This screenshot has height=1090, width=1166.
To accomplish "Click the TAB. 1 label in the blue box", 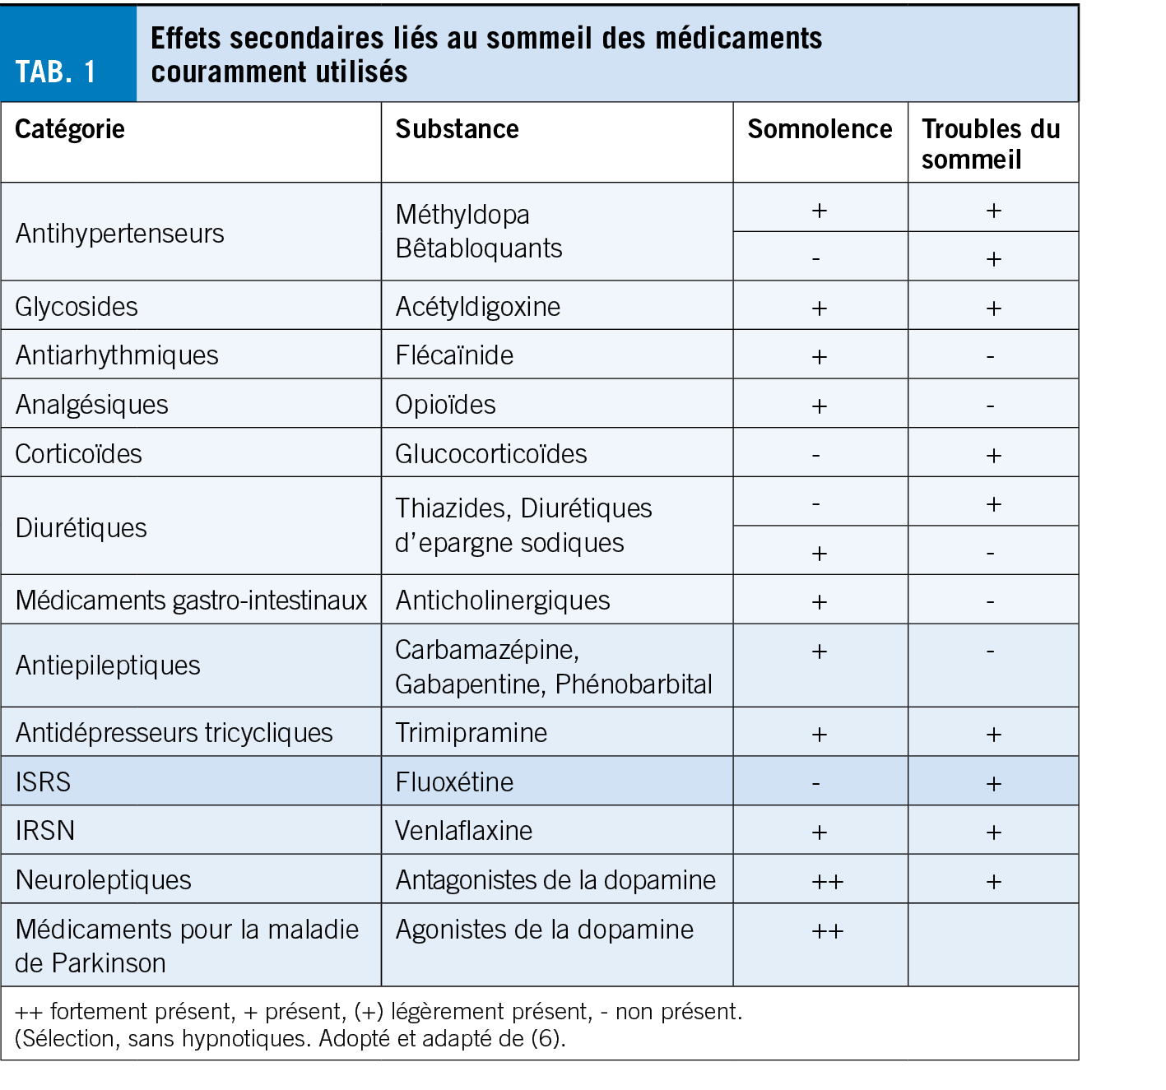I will (x=56, y=72).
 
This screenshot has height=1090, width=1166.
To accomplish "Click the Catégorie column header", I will (x=70, y=129).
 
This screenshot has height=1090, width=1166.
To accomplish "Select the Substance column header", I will (x=457, y=129).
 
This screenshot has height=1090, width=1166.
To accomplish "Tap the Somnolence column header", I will (x=820, y=129).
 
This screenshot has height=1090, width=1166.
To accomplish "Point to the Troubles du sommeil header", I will (x=991, y=144).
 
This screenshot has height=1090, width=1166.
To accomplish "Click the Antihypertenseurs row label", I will (x=119, y=234).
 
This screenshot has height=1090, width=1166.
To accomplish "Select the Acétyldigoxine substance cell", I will (x=477, y=307).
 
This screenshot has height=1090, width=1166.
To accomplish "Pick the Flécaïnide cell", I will (x=454, y=355).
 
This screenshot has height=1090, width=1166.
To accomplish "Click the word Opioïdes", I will (x=445, y=405).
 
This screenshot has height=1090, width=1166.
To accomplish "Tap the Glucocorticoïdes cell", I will (x=491, y=454).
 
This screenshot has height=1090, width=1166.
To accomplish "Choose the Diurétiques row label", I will (x=81, y=528).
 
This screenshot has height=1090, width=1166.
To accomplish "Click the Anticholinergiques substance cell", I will (x=503, y=601).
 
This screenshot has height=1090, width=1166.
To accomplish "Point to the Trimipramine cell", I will (x=471, y=733).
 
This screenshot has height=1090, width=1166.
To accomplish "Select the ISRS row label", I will (x=43, y=782).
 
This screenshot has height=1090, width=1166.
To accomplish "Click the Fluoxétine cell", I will (x=454, y=782).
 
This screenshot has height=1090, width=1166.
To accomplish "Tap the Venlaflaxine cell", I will (x=463, y=831).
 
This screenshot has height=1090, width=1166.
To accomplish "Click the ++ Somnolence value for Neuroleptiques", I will (x=827, y=882).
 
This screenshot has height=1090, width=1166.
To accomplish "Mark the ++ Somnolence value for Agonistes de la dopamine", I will (x=827, y=931).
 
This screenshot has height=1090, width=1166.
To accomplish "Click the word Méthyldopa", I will (x=462, y=215).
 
